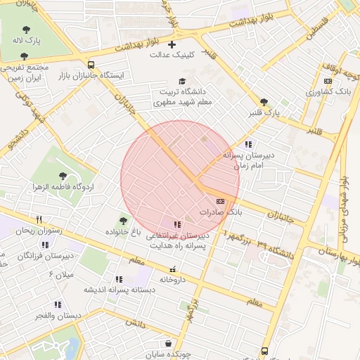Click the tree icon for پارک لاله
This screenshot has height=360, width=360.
26,30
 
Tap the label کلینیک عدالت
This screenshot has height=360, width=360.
172,58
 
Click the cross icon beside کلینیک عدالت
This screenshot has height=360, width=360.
172,45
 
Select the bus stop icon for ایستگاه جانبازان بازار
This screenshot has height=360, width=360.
91,63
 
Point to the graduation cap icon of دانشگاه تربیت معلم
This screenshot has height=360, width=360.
183,82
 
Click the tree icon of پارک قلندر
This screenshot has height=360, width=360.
264,102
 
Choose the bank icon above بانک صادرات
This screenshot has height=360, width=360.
220,201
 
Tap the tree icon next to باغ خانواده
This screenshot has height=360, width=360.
124,220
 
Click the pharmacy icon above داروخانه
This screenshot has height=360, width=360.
173,269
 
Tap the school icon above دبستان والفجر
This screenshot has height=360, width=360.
58,304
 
